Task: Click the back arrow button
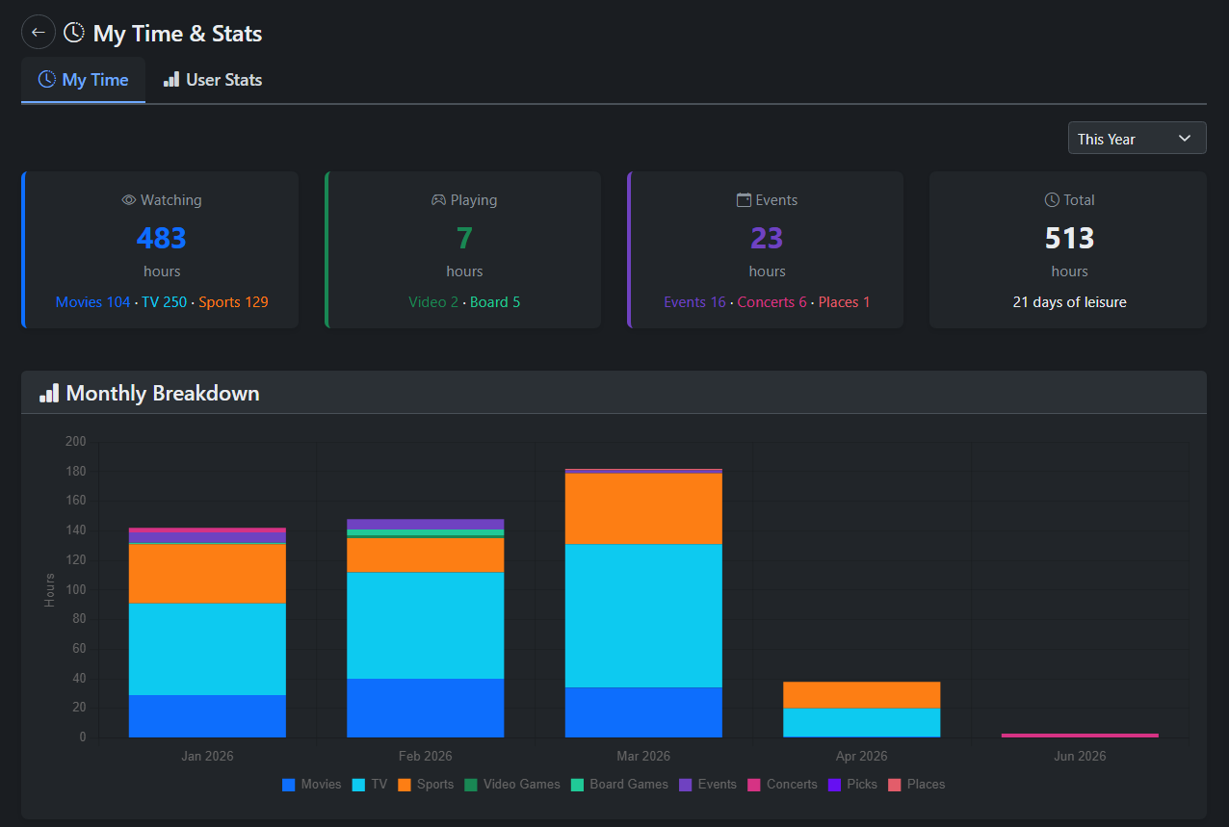[39, 32]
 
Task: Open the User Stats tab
[213, 80]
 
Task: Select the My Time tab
[83, 80]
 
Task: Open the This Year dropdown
[1137, 139]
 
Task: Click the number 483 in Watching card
[161, 238]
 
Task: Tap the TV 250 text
[164, 302]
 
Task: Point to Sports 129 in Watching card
[233, 302]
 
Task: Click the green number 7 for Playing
[464, 238]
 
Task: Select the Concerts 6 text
[771, 302]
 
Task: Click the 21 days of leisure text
[1069, 302]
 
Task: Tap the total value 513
[1069, 238]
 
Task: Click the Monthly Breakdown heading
[162, 393]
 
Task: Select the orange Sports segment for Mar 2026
[643, 508]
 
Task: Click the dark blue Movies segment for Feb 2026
[425, 708]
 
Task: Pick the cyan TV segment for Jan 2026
[207, 649]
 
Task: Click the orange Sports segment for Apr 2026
[861, 694]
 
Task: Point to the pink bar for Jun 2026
[1080, 736]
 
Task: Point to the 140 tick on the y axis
[75, 530]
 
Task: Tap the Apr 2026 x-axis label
[861, 757]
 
